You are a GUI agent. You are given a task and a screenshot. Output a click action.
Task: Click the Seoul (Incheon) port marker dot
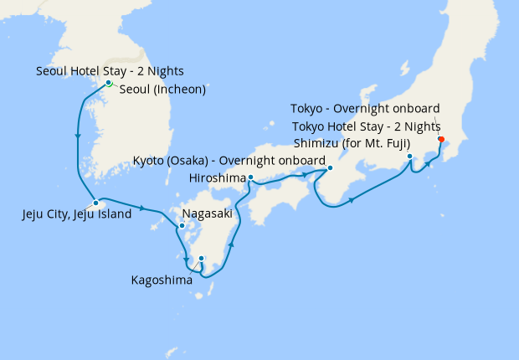pyautogui.click(x=109, y=83)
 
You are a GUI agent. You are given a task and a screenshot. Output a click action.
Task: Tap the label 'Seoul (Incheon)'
pyautogui.click(x=162, y=90)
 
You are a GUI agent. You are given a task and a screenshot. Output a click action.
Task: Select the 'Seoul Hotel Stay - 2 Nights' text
pyautogui.click(x=110, y=71)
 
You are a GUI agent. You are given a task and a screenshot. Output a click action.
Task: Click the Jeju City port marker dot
pyautogui.click(x=96, y=203)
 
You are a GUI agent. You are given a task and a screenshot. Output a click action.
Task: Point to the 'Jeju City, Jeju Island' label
pyautogui.click(x=76, y=214)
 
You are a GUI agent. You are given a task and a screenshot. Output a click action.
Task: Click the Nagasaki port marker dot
pyautogui.click(x=181, y=226)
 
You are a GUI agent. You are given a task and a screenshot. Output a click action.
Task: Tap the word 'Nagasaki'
pyautogui.click(x=207, y=213)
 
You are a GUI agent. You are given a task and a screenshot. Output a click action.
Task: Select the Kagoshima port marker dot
pyautogui.click(x=201, y=258)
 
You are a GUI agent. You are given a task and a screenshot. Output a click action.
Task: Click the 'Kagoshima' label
pyautogui.click(x=162, y=280)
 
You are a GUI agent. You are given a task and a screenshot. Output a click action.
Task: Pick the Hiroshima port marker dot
pyautogui.click(x=251, y=177)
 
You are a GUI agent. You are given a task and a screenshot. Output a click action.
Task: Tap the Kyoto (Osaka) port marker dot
pyautogui.click(x=329, y=167)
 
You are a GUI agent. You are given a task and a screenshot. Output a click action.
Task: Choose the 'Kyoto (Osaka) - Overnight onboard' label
pyautogui.click(x=229, y=160)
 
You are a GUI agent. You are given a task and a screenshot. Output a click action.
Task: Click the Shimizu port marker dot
pyautogui.click(x=409, y=157)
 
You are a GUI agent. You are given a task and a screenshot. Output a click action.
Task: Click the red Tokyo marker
pyautogui.click(x=441, y=140)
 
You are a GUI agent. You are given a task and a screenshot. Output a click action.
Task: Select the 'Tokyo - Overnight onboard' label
pyautogui.click(x=365, y=109)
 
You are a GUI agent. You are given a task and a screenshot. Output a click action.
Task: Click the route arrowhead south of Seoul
pyautogui.click(x=77, y=136)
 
